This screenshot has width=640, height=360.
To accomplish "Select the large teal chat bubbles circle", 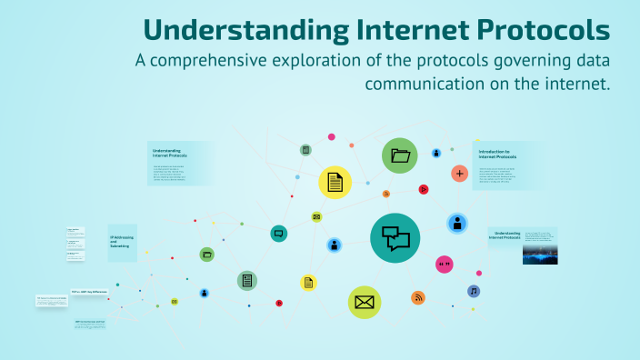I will tap(395, 238).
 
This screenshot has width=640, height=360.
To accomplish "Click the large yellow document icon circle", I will tap(335, 183).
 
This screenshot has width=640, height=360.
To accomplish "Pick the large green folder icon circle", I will tap(400, 155).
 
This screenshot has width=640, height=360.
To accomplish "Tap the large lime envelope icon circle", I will tap(365, 302).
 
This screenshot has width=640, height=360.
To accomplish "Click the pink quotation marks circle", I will tap(445, 265).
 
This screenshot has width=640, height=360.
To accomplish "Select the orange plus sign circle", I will tap(459, 173).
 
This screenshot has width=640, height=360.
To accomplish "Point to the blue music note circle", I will tap(473, 291).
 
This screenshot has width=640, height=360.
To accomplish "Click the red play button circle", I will tap(423, 189).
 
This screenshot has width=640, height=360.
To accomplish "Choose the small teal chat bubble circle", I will tap(279, 234).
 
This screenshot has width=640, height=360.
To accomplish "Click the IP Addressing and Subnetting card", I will tap(122, 243).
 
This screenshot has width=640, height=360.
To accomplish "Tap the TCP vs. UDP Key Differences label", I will tap(89, 280).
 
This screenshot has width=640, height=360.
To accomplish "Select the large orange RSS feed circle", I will tap(418, 297).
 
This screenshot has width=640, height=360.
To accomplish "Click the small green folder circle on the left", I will tap(207, 255).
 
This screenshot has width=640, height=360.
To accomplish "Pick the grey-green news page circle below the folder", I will tap(246, 281).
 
